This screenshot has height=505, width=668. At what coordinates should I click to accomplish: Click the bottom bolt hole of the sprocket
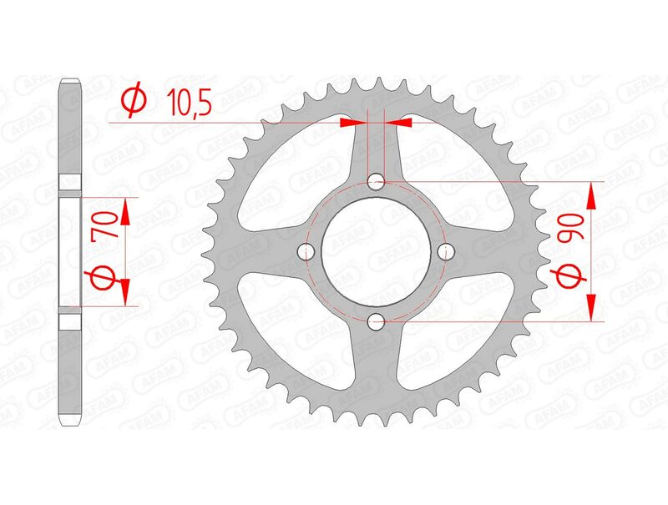376,321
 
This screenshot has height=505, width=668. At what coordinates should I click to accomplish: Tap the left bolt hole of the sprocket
306,250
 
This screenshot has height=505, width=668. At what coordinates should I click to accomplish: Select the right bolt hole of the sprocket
446,250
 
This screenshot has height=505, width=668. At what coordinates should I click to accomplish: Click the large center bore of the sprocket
376,250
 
